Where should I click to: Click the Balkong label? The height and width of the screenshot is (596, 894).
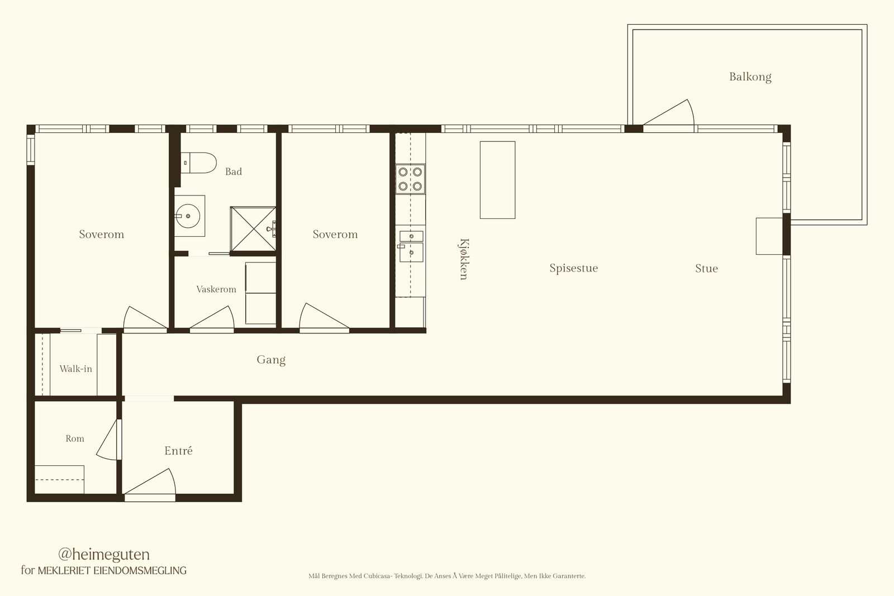tap(750, 77)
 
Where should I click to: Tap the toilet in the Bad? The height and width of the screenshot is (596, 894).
tap(198, 163)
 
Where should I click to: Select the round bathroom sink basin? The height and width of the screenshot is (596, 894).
tap(188, 216)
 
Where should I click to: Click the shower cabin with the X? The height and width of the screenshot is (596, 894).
tap(253, 229)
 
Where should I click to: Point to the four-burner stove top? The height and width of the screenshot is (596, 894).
tap(410, 179)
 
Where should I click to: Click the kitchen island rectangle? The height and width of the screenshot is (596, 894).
tap(497, 180)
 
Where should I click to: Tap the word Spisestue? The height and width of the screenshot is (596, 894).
tap(573, 268)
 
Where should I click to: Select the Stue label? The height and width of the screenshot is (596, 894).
tap(706, 269)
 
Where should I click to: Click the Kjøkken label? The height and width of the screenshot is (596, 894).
tap(464, 259)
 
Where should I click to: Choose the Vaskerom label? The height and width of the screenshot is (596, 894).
tap(216, 289)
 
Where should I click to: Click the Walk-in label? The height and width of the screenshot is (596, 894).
tap(75, 369)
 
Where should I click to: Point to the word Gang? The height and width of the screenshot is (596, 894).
tap(271, 360)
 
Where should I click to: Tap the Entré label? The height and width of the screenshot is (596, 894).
tap(178, 450)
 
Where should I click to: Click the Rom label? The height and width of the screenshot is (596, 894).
tap(75, 438)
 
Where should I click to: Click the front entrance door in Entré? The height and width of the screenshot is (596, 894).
tap(150, 485)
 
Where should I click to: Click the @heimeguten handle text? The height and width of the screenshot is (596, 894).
tap(104, 554)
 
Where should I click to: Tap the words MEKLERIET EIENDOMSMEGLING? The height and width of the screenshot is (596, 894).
tap(112, 570)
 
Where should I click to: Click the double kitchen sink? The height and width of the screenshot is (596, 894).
tap(411, 246)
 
